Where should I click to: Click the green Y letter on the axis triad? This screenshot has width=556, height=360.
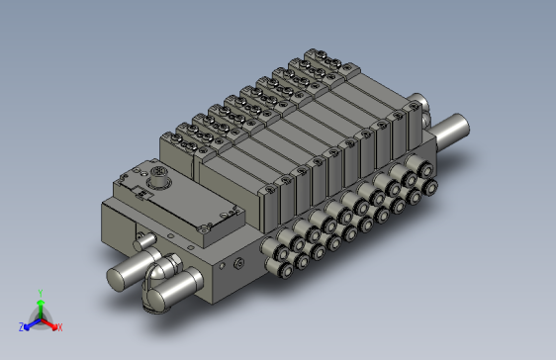point(41,293)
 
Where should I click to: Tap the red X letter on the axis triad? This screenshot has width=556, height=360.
point(60,327)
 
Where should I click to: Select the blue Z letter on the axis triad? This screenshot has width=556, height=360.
point(22,327)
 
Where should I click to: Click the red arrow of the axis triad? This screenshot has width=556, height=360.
point(48,324)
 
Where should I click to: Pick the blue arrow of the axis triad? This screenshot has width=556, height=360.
point(33,324)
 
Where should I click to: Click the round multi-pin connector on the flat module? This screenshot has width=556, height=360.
point(159,176)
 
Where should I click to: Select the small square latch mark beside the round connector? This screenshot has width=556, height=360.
point(143,194)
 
